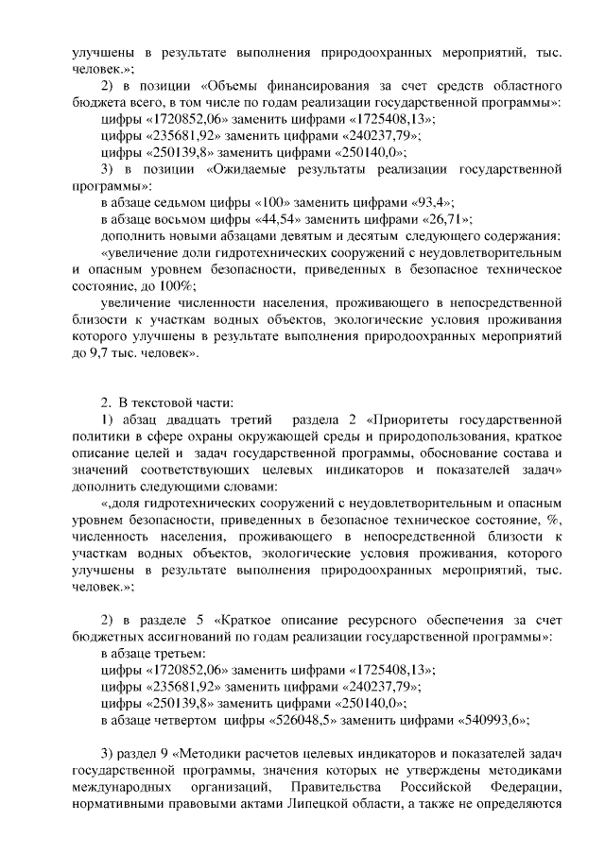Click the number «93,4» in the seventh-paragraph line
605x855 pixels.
[x=434, y=202]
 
